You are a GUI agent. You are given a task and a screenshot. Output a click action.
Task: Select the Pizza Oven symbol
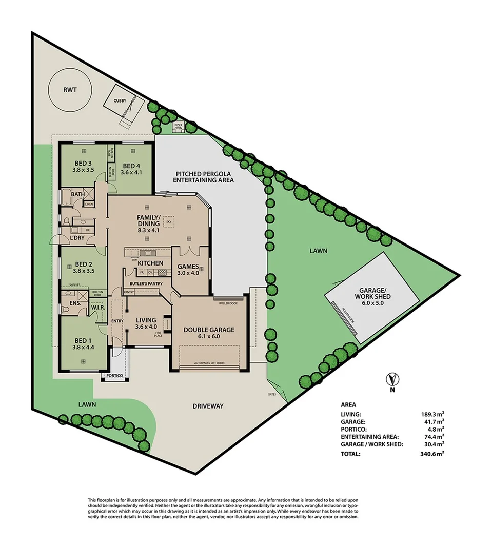179,126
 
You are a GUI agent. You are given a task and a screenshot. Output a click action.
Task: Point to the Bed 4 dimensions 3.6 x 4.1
130,173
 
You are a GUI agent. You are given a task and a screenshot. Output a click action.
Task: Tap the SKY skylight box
169,222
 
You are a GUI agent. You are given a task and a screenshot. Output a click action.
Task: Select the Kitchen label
150,263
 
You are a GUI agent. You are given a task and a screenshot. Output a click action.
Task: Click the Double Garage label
209,330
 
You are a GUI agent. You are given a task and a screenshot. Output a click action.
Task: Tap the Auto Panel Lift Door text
209,363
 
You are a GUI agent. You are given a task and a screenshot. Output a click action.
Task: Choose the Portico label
114,376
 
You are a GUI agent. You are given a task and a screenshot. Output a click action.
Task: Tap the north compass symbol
392,380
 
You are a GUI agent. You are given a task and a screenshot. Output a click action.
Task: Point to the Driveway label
208,406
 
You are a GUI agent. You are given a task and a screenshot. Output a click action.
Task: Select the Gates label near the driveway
272,394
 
